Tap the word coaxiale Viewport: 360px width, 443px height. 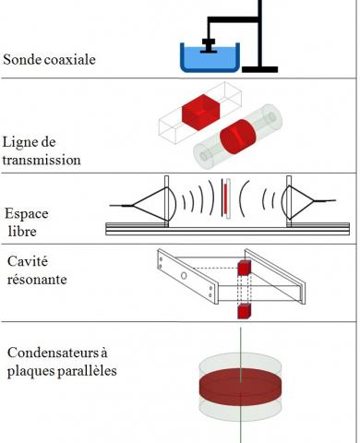pos(70,59)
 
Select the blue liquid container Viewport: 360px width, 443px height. pos(210,57)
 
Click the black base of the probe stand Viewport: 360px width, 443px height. pos(260,69)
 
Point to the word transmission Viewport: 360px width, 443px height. pos(42,160)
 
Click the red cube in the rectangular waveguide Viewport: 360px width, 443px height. pos(200,113)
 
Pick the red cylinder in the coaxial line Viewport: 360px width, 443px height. pos(238,137)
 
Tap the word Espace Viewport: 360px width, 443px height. pos(27,214)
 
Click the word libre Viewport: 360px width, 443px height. pos(22,232)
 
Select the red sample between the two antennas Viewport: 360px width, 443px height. pos(225,198)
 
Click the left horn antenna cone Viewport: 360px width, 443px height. pos(150,204)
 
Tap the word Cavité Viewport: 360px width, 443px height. pos(28,261)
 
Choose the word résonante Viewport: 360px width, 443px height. pos(37,280)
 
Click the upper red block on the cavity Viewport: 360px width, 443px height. pos(245,268)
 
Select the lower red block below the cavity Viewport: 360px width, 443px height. pos(245,311)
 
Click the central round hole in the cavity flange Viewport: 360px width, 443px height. pos(184,276)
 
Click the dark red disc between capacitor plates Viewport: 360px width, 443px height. pos(240,387)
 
